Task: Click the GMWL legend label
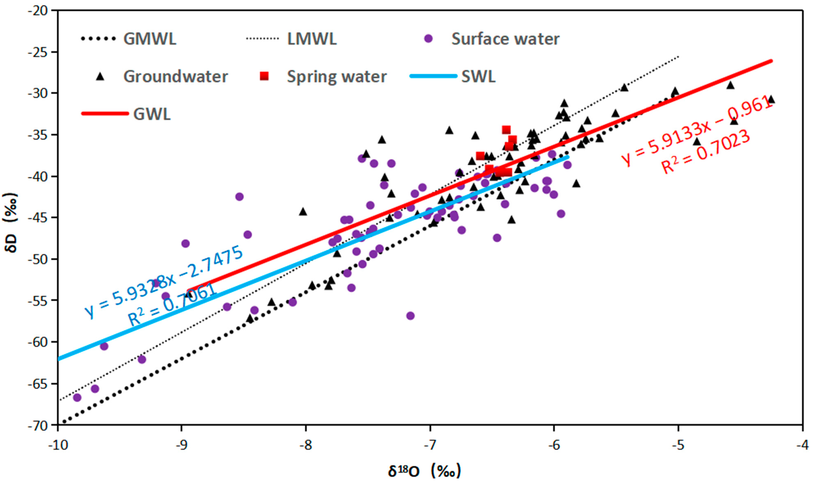(x=150, y=39)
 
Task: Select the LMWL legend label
(x=312, y=39)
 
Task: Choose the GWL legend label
(x=152, y=114)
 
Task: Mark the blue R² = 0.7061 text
(x=172, y=304)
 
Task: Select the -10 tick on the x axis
(x=58, y=445)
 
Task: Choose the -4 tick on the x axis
(x=803, y=445)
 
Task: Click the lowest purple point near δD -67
(x=77, y=397)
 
